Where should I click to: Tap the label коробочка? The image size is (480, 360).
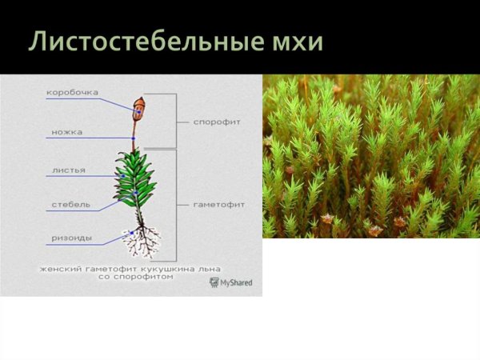[72, 92]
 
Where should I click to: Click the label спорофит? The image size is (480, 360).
[217, 122]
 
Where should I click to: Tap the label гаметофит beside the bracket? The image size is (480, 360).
[219, 205]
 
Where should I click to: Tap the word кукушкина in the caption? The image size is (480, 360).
[168, 269]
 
